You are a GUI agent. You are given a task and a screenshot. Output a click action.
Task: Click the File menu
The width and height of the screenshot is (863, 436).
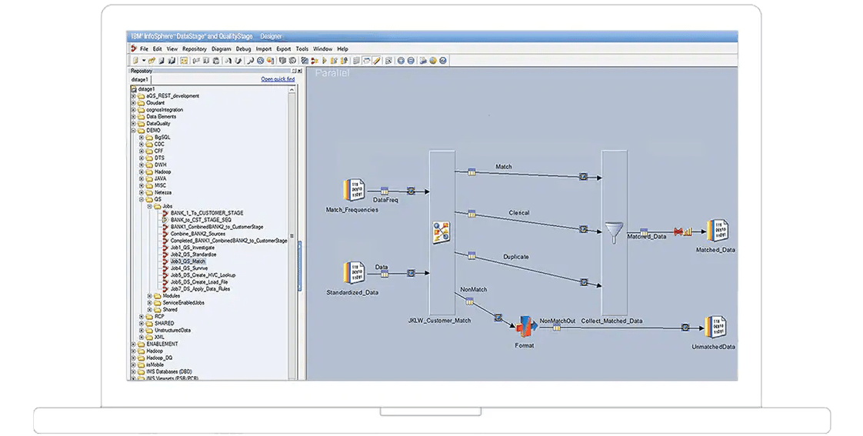click(x=144, y=48)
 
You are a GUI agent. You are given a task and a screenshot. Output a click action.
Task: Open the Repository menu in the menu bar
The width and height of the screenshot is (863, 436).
click(x=195, y=48)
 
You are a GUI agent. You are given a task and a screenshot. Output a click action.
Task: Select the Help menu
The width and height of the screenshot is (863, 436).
click(x=342, y=48)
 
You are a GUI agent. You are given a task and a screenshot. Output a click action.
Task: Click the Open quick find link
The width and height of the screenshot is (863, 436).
click(x=277, y=79)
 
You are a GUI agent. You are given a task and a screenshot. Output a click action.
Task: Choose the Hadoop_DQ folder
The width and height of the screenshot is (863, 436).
click(x=159, y=358)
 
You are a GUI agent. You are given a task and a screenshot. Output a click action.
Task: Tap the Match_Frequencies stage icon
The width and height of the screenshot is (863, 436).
click(x=352, y=191)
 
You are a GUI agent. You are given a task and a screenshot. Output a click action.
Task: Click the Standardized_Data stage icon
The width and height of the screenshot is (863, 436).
click(x=352, y=274)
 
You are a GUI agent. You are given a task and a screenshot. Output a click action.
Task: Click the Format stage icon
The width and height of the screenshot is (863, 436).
click(x=524, y=327)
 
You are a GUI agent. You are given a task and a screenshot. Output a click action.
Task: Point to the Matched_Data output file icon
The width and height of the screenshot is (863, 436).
click(x=716, y=231)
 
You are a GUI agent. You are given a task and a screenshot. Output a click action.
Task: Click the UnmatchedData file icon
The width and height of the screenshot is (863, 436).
click(x=715, y=328)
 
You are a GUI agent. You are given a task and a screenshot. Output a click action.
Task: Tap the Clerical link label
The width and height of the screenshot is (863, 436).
click(x=518, y=213)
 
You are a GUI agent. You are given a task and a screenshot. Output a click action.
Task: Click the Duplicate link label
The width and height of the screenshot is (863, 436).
click(x=516, y=256)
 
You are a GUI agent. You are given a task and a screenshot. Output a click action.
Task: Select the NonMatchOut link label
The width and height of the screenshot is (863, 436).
click(x=558, y=321)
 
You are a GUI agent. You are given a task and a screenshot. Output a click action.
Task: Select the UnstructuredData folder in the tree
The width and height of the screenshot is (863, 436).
click(x=172, y=330)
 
